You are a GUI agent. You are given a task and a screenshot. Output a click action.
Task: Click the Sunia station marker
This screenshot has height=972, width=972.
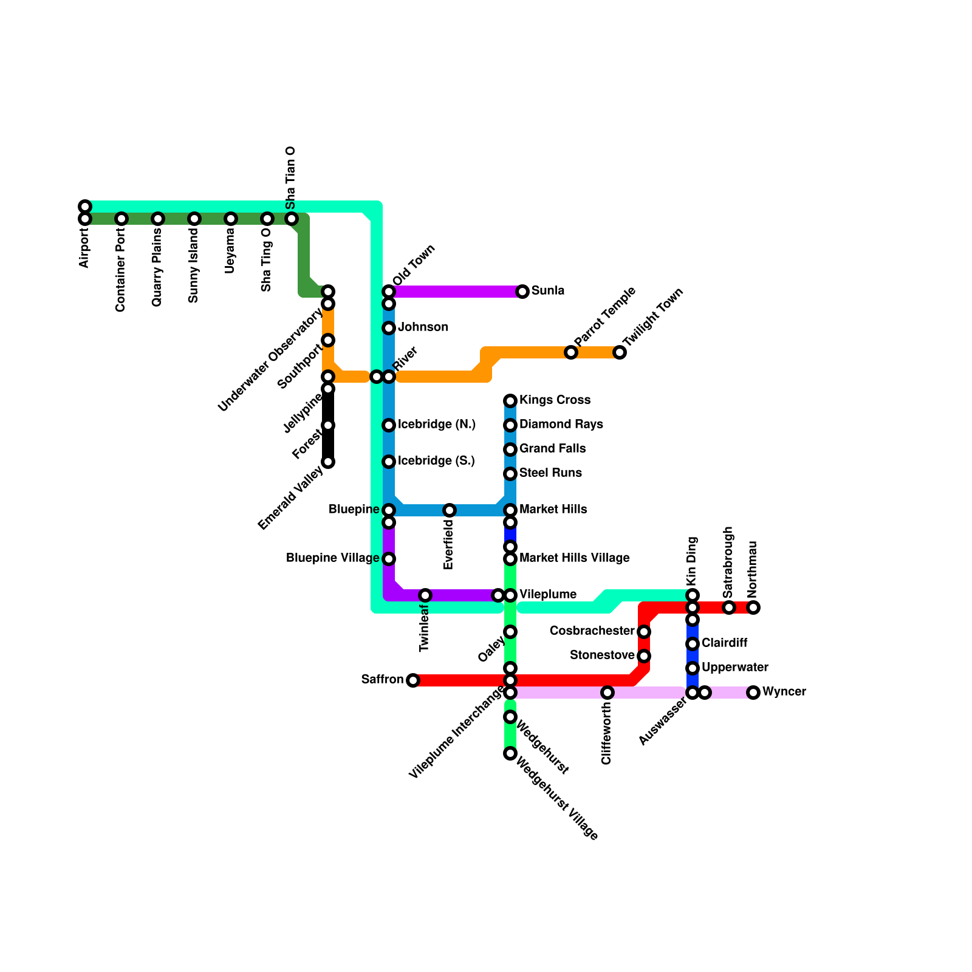pyautogui.click(x=522, y=292)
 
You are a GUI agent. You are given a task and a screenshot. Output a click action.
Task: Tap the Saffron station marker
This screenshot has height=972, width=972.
pyautogui.click(x=413, y=680)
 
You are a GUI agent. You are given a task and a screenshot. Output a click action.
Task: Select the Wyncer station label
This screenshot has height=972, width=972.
pyautogui.click(x=784, y=692)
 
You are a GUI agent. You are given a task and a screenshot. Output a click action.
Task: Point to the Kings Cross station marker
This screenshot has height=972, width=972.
pyautogui.click(x=510, y=401)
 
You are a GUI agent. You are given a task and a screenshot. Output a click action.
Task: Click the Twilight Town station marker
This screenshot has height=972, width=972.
pyautogui.click(x=620, y=352)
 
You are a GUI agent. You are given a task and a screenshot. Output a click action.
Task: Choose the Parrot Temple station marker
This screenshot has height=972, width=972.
pyautogui.click(x=571, y=352)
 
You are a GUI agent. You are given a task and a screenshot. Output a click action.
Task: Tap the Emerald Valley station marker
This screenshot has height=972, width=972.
pyautogui.click(x=328, y=462)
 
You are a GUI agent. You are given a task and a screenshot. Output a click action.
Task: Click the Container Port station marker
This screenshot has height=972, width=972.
pyautogui.click(x=122, y=219)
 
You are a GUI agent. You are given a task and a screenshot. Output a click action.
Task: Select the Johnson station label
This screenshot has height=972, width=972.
pyautogui.click(x=423, y=327)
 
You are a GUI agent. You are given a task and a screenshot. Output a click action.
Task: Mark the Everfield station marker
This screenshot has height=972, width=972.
pyautogui.click(x=450, y=510)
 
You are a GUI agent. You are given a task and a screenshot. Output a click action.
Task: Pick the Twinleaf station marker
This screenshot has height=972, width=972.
pyautogui.click(x=425, y=595)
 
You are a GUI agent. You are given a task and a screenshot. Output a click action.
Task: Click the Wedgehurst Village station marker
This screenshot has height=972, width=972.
pyautogui.click(x=510, y=753)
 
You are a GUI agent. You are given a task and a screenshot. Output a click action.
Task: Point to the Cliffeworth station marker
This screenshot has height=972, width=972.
pyautogui.click(x=607, y=693)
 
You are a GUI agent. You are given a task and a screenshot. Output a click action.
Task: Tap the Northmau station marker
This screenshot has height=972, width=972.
pyautogui.click(x=753, y=607)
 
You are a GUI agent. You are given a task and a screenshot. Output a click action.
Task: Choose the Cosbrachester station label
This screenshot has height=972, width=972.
pyautogui.click(x=592, y=631)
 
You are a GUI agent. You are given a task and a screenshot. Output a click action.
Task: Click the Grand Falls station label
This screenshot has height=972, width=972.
pyautogui.click(x=552, y=449)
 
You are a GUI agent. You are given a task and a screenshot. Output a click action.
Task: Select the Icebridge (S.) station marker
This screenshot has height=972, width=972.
pyautogui.click(x=389, y=462)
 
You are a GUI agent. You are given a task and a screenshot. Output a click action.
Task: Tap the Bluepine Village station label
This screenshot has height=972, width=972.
pyautogui.click(x=332, y=558)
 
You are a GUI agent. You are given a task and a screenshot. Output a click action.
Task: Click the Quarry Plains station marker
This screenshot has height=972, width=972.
pyautogui.click(x=158, y=219)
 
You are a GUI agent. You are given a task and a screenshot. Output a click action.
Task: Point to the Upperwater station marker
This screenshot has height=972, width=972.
pyautogui.click(x=693, y=668)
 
